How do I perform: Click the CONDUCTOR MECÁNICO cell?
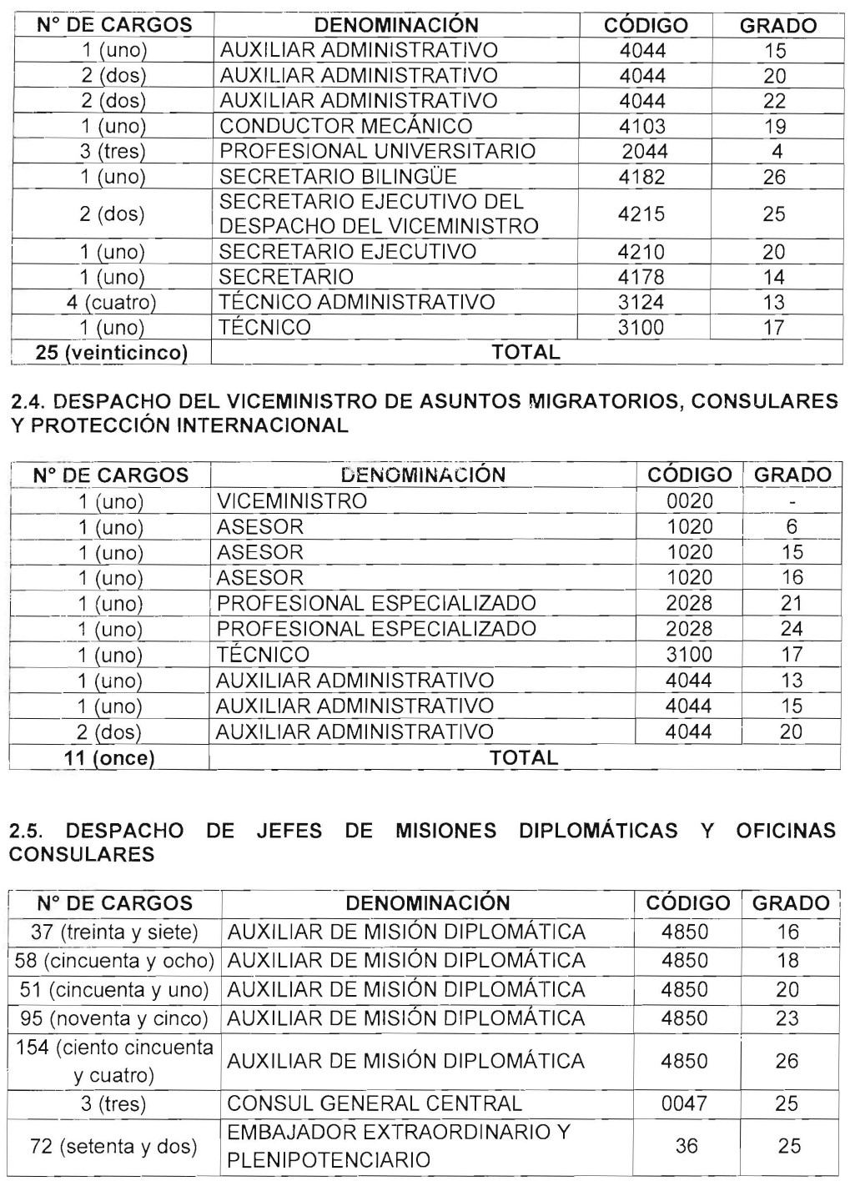(345, 126)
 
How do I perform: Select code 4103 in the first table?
(642, 126)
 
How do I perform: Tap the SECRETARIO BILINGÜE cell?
(338, 177)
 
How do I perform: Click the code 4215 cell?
(642, 214)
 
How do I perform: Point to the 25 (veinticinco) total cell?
(111, 353)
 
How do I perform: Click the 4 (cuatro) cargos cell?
(112, 302)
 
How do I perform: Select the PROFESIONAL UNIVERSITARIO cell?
(377, 151)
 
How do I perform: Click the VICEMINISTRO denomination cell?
(291, 501)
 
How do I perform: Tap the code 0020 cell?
(689, 501)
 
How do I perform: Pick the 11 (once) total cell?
(109, 758)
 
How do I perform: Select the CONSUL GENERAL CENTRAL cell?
(375, 1103)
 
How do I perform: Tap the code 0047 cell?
(684, 1103)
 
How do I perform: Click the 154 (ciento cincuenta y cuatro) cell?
(114, 1061)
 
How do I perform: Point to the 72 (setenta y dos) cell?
(114, 1146)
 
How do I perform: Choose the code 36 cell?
(686, 1146)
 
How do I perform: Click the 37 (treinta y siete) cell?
(114, 932)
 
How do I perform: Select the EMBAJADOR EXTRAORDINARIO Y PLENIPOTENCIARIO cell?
(398, 1146)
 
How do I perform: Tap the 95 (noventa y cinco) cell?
(114, 1018)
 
